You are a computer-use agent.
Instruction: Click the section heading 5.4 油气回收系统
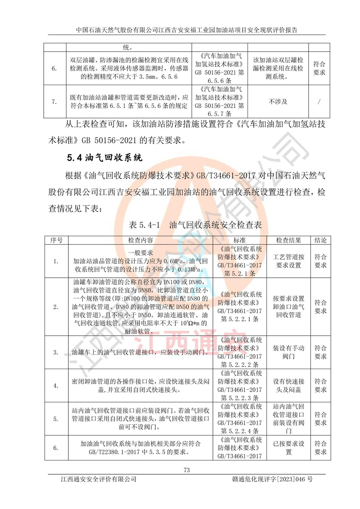104,158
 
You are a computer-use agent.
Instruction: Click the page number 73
187,470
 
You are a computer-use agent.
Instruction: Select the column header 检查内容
140,240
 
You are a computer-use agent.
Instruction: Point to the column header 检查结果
288,240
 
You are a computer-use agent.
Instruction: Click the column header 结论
320,240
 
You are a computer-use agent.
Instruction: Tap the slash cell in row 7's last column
319,102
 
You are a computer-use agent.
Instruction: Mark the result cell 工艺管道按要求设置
288,261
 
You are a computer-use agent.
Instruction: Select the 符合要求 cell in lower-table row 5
320,419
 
